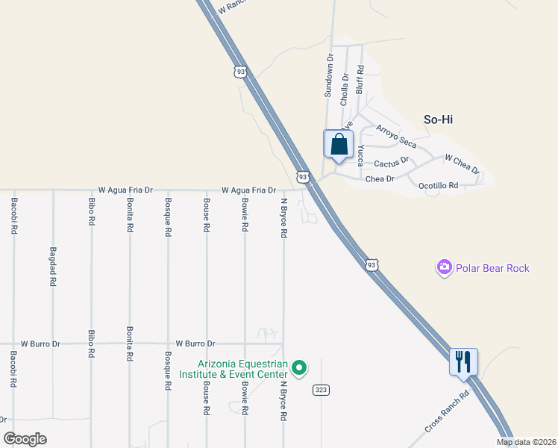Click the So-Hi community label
click(x=439, y=119)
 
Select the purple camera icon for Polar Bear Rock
click(x=445, y=267)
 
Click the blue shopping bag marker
click(x=339, y=144)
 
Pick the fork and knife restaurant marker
click(x=463, y=362)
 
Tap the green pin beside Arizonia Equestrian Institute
click(x=299, y=368)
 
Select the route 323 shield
click(x=322, y=390)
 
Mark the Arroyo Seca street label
click(x=396, y=137)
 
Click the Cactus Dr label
click(x=392, y=161)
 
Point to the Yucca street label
click(x=360, y=155)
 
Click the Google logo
click(x=25, y=438)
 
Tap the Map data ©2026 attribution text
click(x=527, y=442)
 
